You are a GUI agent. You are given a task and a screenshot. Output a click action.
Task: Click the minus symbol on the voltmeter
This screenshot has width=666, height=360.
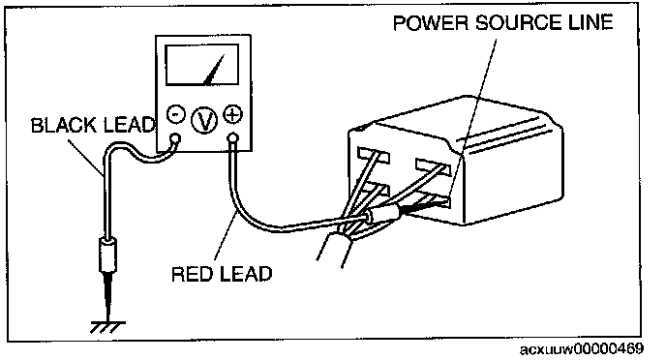(x=175, y=114)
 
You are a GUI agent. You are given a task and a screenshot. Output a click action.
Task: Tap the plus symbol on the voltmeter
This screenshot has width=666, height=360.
(x=232, y=114)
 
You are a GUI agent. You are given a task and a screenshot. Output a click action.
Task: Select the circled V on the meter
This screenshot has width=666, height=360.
(x=204, y=120)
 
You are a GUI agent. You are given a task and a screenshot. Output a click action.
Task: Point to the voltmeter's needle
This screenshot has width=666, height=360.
(x=214, y=70)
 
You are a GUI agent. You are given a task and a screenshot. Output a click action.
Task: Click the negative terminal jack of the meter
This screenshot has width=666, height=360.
(x=174, y=138)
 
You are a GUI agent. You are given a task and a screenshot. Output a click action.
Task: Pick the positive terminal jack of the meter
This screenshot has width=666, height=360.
(x=232, y=138)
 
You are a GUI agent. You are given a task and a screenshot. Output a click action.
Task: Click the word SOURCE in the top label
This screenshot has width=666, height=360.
(x=512, y=22)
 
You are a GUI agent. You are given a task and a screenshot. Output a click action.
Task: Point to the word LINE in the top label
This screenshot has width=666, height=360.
(x=584, y=22)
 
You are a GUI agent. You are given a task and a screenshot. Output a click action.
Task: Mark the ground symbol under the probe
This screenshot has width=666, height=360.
(x=107, y=327)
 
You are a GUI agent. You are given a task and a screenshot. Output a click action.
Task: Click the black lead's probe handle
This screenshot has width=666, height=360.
(x=107, y=255)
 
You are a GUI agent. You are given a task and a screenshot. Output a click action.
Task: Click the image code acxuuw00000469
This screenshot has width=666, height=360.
(x=582, y=349)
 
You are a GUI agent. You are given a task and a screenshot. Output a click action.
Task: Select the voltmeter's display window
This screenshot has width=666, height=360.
(x=201, y=65)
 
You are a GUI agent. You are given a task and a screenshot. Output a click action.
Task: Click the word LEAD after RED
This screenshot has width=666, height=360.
(x=246, y=274)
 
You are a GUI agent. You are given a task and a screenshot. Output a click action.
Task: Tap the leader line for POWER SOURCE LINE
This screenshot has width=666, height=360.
(x=473, y=118)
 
